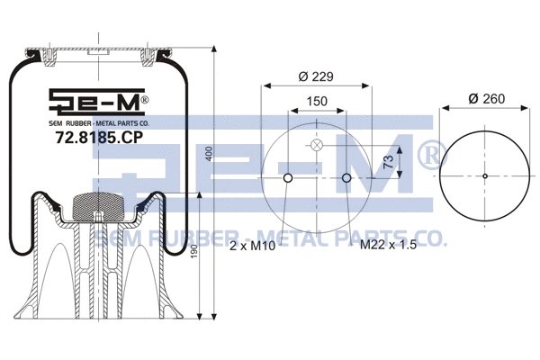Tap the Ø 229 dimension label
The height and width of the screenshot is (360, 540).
click(317, 76)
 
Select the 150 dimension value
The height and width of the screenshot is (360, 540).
click(317, 103)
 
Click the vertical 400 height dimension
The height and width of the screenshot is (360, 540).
click(208, 155)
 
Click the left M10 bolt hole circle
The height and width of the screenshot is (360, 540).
click(287, 177)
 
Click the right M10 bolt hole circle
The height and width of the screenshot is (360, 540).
click(346, 177)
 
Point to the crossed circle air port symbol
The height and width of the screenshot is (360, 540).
click(317, 147)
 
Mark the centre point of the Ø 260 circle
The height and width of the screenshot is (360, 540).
click(484, 175)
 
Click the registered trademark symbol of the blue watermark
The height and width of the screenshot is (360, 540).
click(427, 156)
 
